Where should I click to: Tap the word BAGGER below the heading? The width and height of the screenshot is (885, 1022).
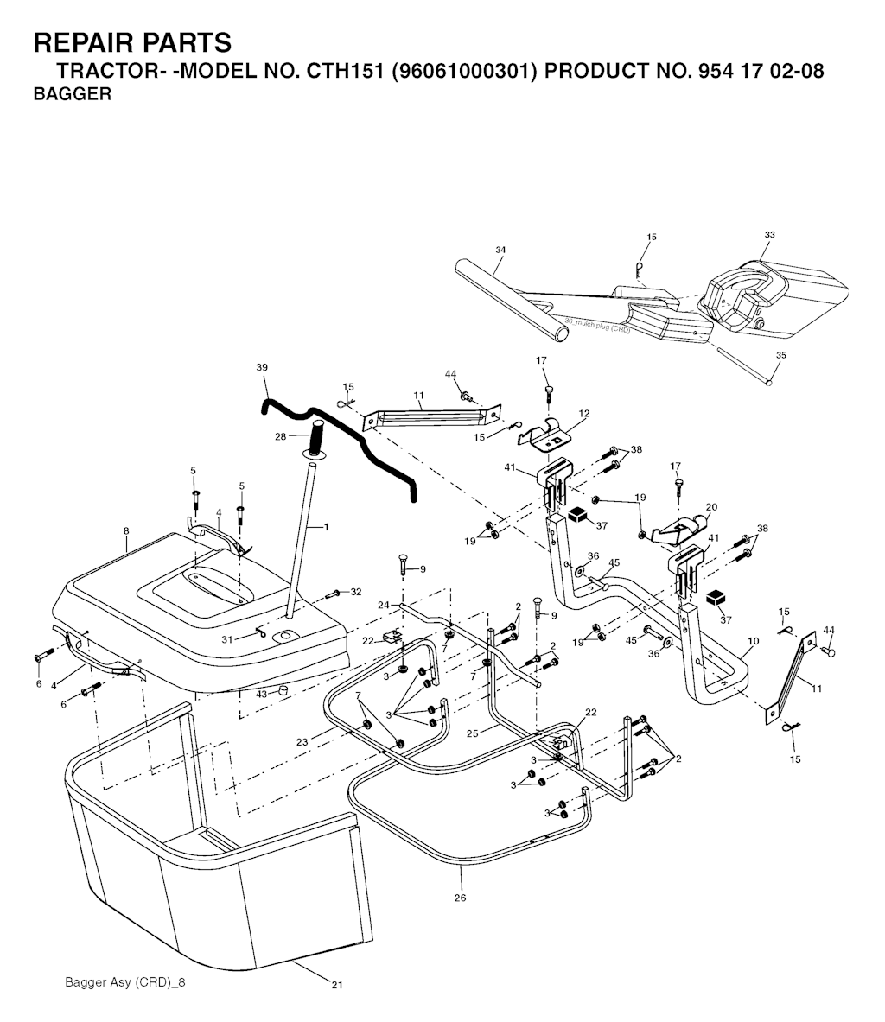pos(73,94)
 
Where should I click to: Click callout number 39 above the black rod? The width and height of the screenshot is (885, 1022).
pos(262,368)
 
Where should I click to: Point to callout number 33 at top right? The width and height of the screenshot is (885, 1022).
pos(769,235)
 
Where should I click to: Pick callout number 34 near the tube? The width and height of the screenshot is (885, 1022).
pos(500,250)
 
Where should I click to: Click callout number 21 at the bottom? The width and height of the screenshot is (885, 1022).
pos(336,985)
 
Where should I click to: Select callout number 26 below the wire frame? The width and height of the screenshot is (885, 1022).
pos(461,898)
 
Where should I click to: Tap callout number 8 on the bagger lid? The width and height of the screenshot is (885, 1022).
pos(126,531)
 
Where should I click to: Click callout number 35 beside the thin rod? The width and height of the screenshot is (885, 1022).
pos(781,355)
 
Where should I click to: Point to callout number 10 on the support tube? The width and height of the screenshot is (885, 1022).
pos(754,641)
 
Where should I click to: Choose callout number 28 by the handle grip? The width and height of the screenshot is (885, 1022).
pos(280,436)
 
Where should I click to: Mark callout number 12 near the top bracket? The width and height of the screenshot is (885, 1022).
pos(583,413)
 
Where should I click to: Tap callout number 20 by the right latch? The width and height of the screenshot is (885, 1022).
pos(711,507)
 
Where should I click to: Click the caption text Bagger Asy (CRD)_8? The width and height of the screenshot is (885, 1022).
pos(125,982)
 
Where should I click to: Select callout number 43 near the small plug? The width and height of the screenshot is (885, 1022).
pos(262,695)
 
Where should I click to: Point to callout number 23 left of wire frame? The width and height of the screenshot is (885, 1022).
pos(302,742)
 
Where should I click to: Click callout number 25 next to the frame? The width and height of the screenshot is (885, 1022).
pos(473,733)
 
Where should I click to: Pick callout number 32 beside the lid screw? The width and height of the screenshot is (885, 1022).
pos(356,592)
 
